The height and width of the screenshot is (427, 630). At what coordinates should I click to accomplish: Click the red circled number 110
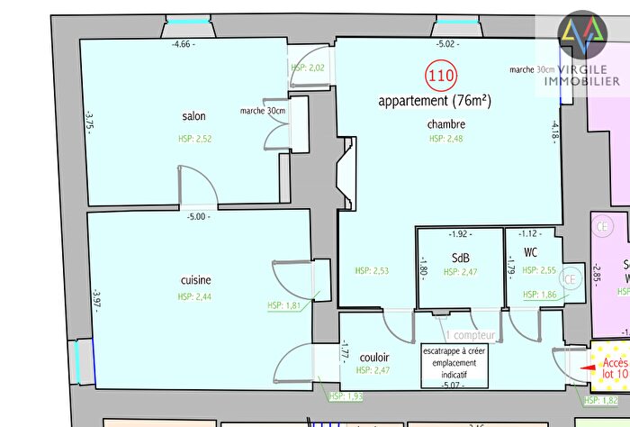(440, 76)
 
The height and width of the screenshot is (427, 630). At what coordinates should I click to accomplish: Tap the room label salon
(194, 117)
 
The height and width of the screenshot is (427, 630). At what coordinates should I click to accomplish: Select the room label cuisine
(195, 281)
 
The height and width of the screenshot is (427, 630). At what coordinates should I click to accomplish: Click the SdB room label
(461, 258)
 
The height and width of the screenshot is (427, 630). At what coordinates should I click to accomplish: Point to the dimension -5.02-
(447, 43)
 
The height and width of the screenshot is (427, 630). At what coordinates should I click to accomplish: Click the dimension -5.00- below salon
(197, 217)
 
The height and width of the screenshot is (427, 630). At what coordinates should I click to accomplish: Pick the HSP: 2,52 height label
(195, 139)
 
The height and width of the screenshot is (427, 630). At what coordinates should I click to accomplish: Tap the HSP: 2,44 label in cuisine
(195, 296)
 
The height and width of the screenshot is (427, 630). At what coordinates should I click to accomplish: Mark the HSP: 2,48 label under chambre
(446, 139)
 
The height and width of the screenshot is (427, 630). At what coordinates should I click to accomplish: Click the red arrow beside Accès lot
(589, 368)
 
